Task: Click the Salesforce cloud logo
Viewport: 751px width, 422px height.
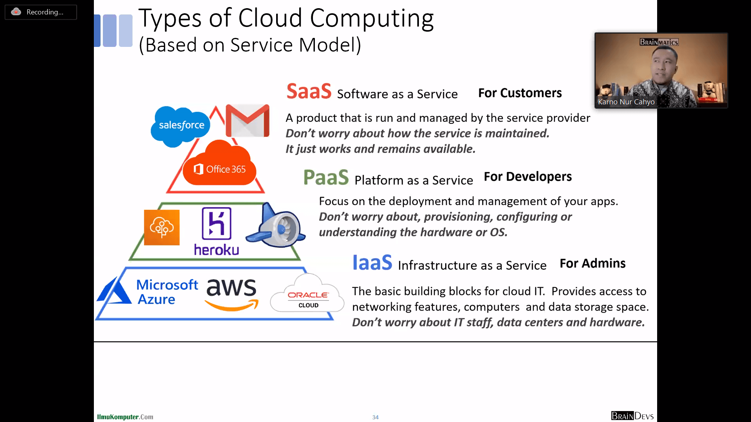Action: pyautogui.click(x=180, y=126)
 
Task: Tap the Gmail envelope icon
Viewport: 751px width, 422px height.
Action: pyautogui.click(x=248, y=120)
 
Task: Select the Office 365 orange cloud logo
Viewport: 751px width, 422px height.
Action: pyautogui.click(x=219, y=163)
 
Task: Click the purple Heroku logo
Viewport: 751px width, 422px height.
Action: pyautogui.click(x=216, y=232)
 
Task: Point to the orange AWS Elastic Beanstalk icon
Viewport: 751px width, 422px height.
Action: pyautogui.click(x=162, y=227)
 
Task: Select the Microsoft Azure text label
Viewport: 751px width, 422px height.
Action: pyautogui.click(x=167, y=292)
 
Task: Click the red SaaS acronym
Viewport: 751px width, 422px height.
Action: pyautogui.click(x=309, y=91)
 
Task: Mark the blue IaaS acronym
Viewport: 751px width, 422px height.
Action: pyautogui.click(x=372, y=262)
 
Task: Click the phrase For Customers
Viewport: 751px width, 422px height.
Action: pyautogui.click(x=520, y=93)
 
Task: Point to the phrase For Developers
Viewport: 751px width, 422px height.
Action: pyautogui.click(x=528, y=177)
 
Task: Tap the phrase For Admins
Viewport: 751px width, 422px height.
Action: pyautogui.click(x=593, y=263)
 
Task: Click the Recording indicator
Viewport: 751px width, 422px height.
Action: pyautogui.click(x=41, y=12)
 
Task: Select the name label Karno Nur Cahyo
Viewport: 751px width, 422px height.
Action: pyautogui.click(x=626, y=102)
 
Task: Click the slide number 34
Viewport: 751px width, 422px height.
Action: pyautogui.click(x=375, y=417)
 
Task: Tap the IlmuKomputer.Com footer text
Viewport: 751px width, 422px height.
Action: pyautogui.click(x=125, y=417)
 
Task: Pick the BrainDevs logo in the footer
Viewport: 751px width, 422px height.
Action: pyautogui.click(x=632, y=416)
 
